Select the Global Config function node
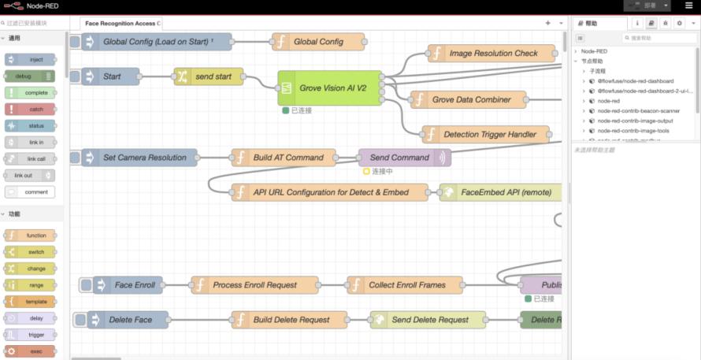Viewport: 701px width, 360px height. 318,42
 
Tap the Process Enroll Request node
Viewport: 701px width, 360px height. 254,285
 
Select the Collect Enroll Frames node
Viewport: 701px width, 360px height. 406,285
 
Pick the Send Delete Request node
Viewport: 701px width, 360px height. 429,320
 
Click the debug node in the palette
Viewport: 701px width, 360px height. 30,76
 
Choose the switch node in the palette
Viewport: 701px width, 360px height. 30,252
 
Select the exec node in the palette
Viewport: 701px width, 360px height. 30,351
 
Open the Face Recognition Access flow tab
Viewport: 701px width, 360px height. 121,24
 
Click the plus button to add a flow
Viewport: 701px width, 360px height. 548,24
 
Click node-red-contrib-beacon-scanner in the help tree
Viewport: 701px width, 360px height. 639,111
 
